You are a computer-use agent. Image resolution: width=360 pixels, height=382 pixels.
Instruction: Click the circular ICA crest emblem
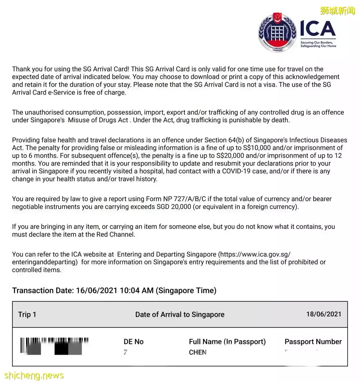point(277,32)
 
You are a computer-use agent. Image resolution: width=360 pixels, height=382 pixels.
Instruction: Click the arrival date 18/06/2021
point(324,314)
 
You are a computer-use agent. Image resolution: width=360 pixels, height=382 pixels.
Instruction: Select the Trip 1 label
point(27,314)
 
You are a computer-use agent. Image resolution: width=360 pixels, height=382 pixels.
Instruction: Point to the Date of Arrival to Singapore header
point(180,314)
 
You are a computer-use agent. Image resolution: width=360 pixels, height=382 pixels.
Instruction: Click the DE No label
point(133,342)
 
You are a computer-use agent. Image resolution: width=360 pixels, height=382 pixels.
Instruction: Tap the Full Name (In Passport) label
point(227,342)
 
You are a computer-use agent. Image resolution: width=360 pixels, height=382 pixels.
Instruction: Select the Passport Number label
point(313,342)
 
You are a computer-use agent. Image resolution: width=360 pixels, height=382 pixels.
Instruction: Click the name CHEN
point(198,352)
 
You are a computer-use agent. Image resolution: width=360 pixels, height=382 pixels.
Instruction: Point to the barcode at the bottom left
point(54,346)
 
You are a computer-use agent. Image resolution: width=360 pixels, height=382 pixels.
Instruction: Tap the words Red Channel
point(116,234)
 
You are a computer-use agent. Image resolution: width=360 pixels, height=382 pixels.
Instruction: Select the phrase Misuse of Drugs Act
point(98,120)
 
